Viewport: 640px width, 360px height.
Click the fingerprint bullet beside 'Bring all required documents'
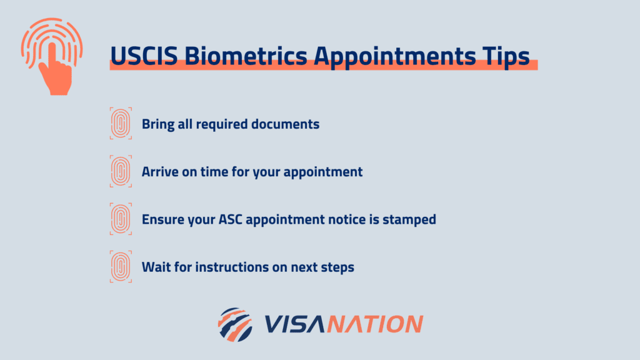[x=121, y=123]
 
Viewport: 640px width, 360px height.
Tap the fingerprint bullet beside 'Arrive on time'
[x=121, y=171]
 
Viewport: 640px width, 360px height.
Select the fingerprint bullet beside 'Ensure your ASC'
[x=121, y=219]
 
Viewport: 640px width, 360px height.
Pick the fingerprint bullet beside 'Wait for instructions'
[x=121, y=267]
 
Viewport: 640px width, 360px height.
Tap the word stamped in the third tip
[x=410, y=220]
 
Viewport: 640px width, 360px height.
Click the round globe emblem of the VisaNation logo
[x=235, y=324]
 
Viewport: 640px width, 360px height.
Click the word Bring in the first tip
[x=157, y=124]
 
